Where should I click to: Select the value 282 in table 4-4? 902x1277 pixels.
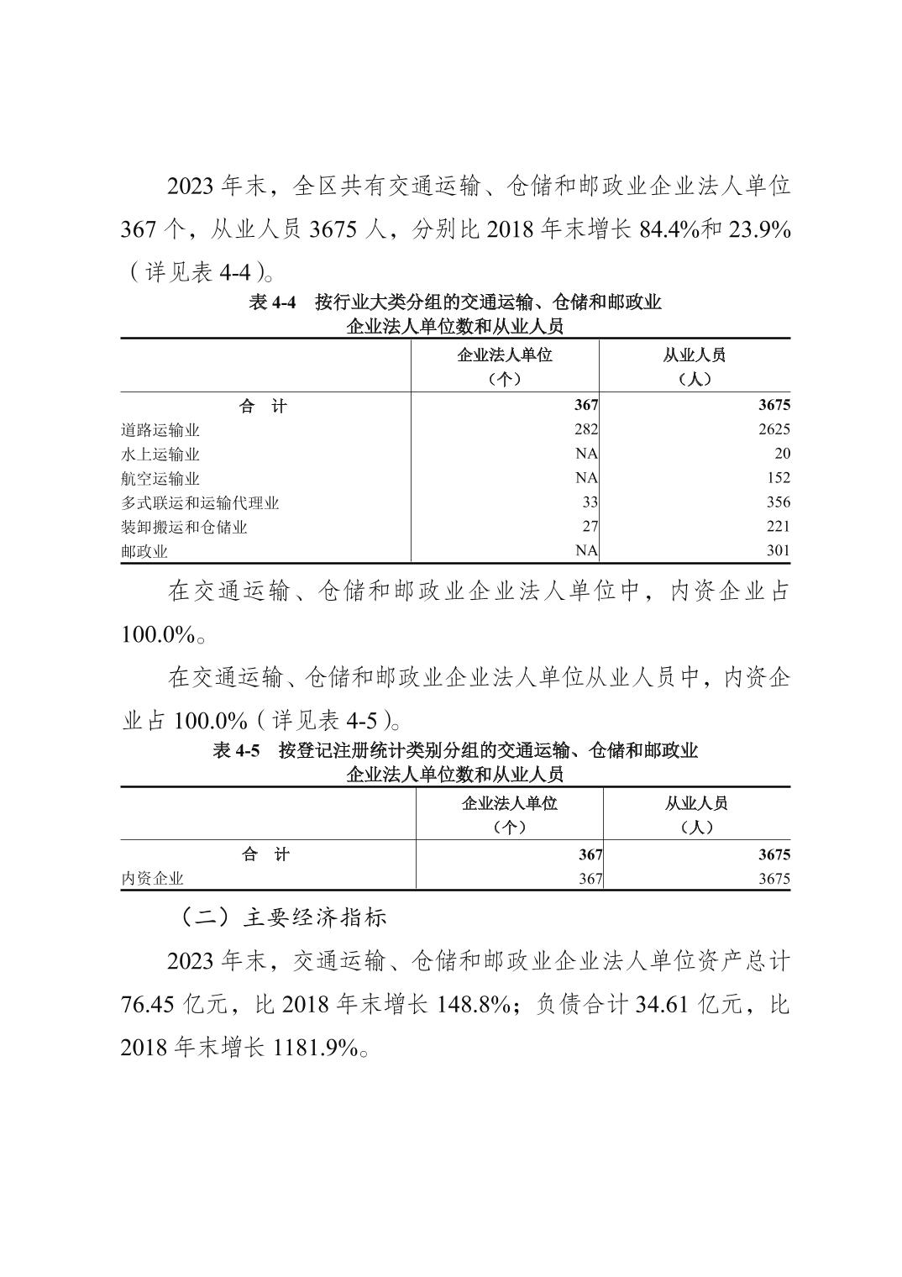pyautogui.click(x=585, y=430)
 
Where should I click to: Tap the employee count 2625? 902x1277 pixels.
pyautogui.click(x=774, y=430)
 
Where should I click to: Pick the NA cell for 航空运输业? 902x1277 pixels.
pyautogui.click(x=586, y=479)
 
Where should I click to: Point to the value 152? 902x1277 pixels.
pyautogui.click(x=779, y=479)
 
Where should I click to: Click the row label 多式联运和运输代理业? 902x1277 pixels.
pyautogui.click(x=200, y=503)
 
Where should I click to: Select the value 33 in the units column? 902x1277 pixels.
pyautogui.click(x=590, y=503)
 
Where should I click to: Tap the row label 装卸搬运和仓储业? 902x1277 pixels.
pyautogui.click(x=184, y=528)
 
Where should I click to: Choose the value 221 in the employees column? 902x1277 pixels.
pyautogui.click(x=779, y=528)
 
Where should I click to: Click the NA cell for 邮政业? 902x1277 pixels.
pyautogui.click(x=586, y=552)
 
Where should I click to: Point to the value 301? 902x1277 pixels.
pyautogui.click(x=779, y=552)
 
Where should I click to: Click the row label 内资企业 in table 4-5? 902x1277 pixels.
pyautogui.click(x=152, y=879)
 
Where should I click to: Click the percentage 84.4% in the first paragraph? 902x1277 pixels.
pyautogui.click(x=669, y=229)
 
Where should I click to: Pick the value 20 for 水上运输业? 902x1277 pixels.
pyautogui.click(x=782, y=455)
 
